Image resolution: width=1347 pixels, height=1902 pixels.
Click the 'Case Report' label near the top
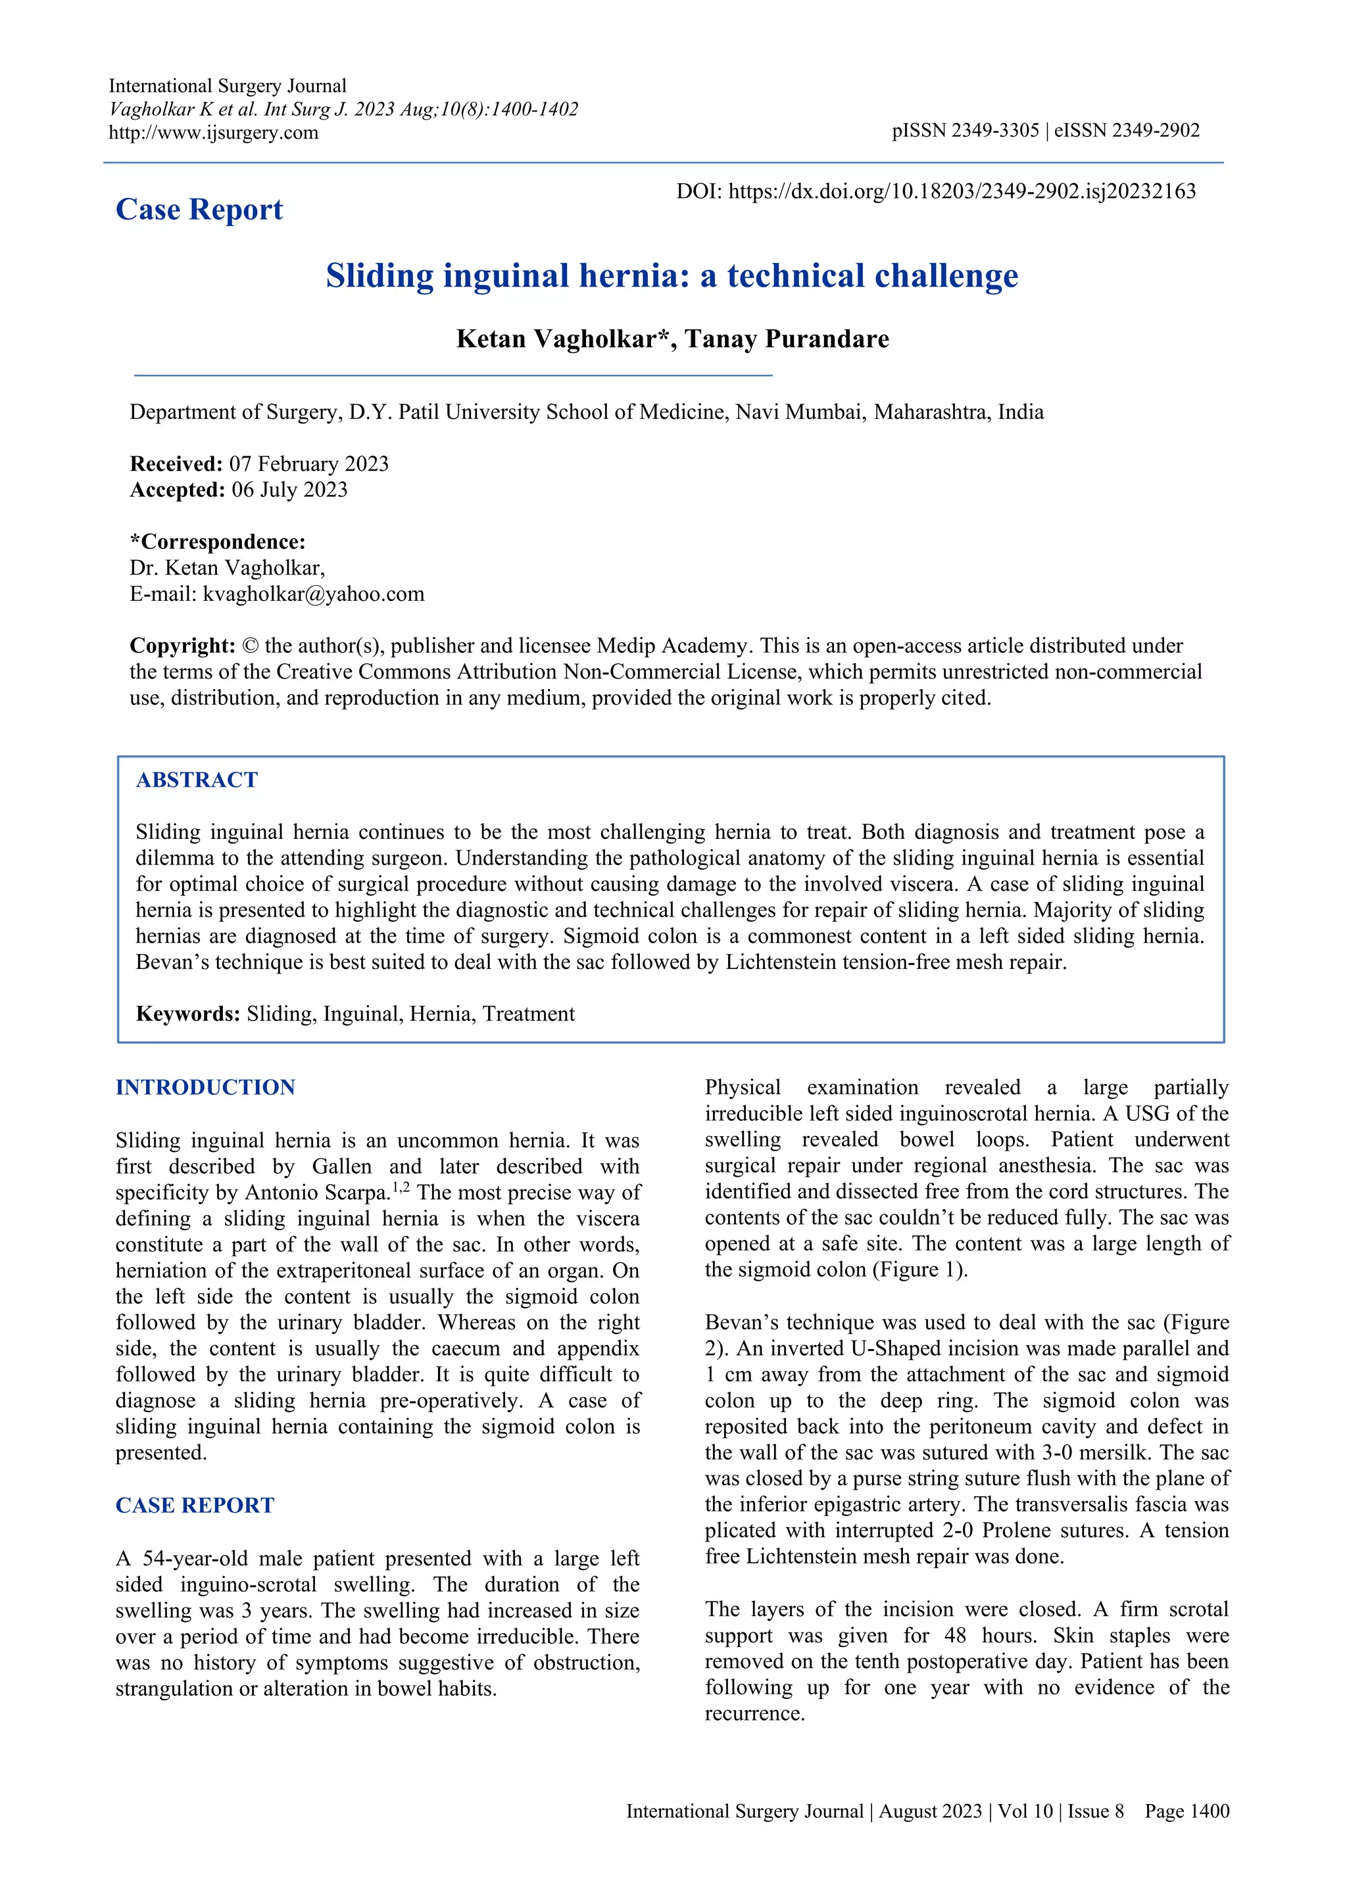[199, 210]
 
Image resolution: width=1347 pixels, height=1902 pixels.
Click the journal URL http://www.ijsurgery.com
[213, 133]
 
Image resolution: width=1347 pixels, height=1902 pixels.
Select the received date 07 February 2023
[308, 464]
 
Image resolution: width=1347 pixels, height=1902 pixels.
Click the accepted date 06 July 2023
[289, 490]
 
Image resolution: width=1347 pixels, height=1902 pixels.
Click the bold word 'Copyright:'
[182, 646]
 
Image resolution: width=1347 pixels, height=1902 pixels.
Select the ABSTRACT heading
[197, 780]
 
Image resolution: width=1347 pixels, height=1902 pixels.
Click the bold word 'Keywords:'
[187, 1014]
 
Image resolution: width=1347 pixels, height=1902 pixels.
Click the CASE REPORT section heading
[195, 1506]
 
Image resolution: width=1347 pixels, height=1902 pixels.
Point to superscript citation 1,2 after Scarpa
[401, 1187]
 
